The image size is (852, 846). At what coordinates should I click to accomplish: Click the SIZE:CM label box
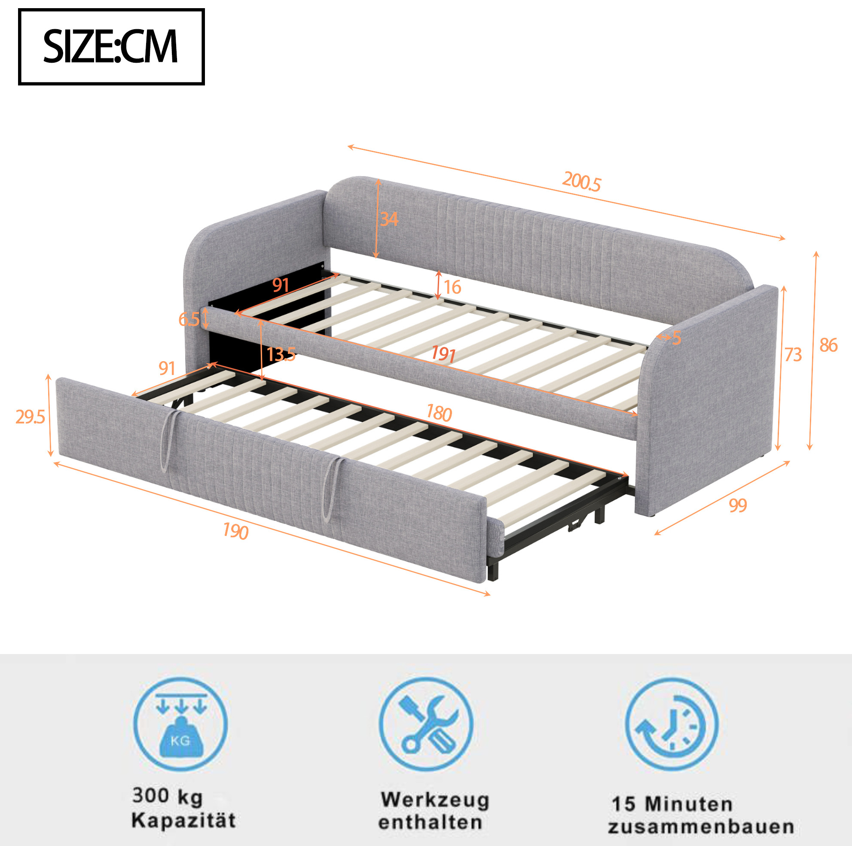(x=111, y=46)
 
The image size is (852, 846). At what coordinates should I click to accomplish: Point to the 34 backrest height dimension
(x=389, y=219)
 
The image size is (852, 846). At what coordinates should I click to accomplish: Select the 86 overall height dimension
(x=828, y=345)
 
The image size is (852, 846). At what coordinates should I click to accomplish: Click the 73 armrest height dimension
(x=793, y=354)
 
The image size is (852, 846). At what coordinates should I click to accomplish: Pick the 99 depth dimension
(x=737, y=505)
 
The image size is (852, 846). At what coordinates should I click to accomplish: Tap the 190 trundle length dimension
(x=236, y=531)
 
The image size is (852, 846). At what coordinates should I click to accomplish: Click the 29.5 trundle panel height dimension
(x=30, y=417)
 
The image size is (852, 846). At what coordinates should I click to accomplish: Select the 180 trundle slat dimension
(x=439, y=414)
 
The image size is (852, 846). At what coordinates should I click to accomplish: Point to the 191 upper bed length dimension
(x=443, y=353)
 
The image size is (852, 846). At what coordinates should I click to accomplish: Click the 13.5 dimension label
(x=281, y=354)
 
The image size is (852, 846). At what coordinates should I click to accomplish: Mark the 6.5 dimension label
(x=189, y=319)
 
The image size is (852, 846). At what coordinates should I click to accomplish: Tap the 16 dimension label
(x=452, y=287)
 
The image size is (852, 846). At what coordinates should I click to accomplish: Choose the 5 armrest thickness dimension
(x=676, y=338)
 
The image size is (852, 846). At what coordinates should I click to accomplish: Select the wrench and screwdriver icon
(x=426, y=724)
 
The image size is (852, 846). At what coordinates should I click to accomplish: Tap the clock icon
(x=672, y=724)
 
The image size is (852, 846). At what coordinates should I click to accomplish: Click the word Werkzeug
(x=435, y=800)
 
